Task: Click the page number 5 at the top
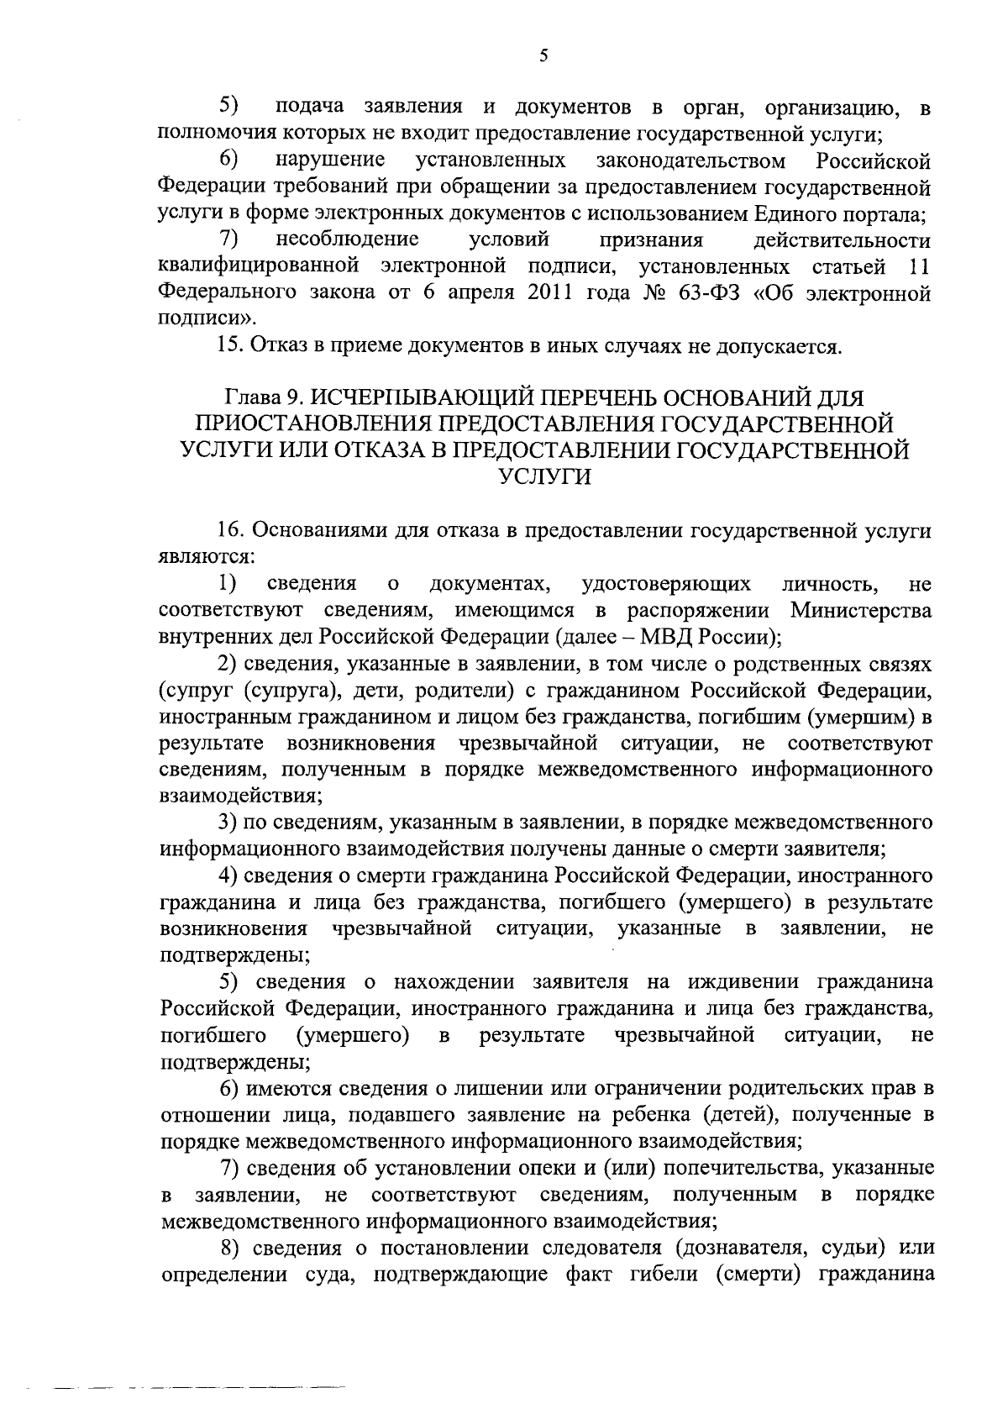[543, 56]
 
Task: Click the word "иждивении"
[738, 981]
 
